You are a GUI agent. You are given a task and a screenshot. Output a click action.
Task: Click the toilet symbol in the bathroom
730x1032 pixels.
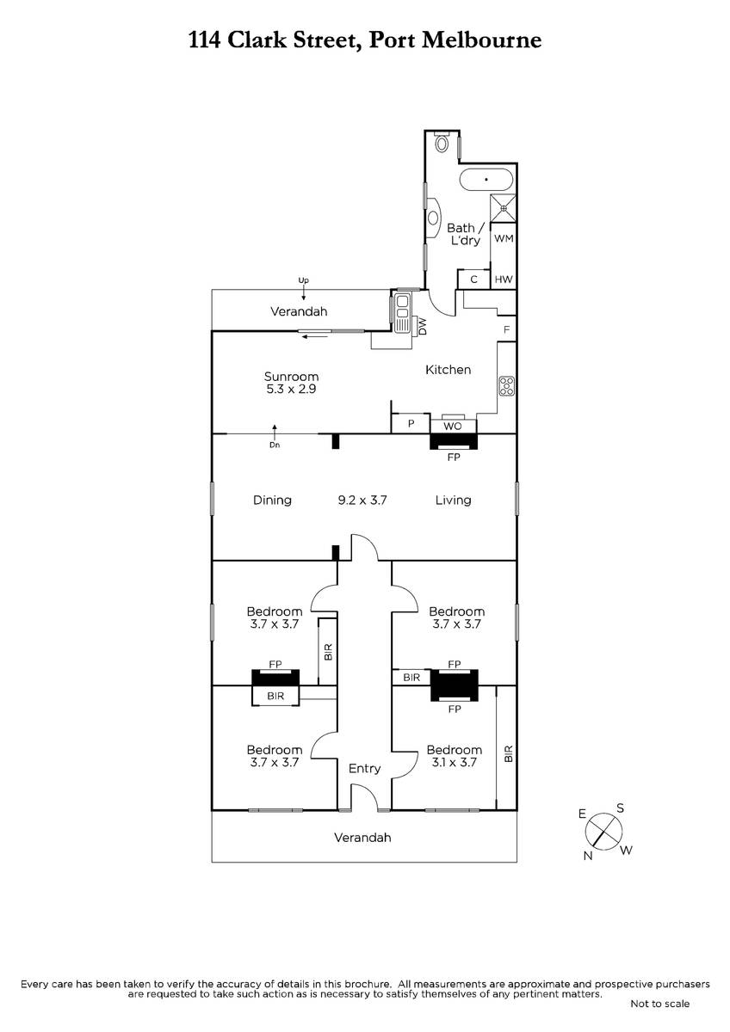point(442,144)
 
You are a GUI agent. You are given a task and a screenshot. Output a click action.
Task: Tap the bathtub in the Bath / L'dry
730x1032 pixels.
point(486,180)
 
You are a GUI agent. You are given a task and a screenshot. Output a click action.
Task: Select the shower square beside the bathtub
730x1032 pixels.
point(503,208)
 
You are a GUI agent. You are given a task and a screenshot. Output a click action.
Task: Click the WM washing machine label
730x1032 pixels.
point(504,239)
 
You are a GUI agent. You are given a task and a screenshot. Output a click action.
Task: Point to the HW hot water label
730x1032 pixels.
point(504,279)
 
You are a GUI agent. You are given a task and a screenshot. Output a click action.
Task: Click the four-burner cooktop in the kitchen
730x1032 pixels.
point(506,386)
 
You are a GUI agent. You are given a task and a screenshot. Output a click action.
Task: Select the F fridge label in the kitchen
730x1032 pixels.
point(506,330)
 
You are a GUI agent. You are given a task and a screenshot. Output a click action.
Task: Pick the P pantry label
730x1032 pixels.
point(411,423)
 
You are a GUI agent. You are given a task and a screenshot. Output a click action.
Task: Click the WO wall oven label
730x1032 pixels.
point(453,427)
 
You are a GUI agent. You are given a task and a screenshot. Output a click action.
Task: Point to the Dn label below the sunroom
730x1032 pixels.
point(275,445)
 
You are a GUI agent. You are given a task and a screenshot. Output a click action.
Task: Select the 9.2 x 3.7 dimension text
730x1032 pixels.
point(362,501)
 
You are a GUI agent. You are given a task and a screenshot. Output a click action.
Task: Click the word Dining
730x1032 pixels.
point(272,501)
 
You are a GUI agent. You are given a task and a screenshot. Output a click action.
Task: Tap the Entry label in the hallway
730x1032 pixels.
point(364,769)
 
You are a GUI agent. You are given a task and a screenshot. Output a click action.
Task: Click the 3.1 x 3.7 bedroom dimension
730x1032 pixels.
point(454,763)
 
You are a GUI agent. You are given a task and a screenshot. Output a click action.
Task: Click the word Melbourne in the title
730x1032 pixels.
point(482,40)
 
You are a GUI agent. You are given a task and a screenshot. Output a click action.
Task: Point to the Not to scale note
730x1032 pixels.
point(659,1004)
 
